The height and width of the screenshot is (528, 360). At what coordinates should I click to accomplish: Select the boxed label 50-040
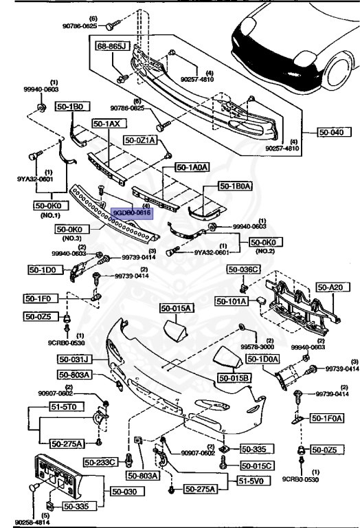pyautogui.click(x=333, y=132)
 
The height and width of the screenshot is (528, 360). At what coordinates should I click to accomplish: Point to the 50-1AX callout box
pyautogui.click(x=107, y=124)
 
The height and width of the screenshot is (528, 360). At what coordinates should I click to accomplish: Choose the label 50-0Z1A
pyautogui.click(x=141, y=140)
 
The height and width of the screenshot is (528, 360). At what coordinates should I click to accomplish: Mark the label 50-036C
pyautogui.click(x=245, y=269)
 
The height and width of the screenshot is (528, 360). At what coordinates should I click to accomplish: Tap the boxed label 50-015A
pyautogui.click(x=177, y=308)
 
